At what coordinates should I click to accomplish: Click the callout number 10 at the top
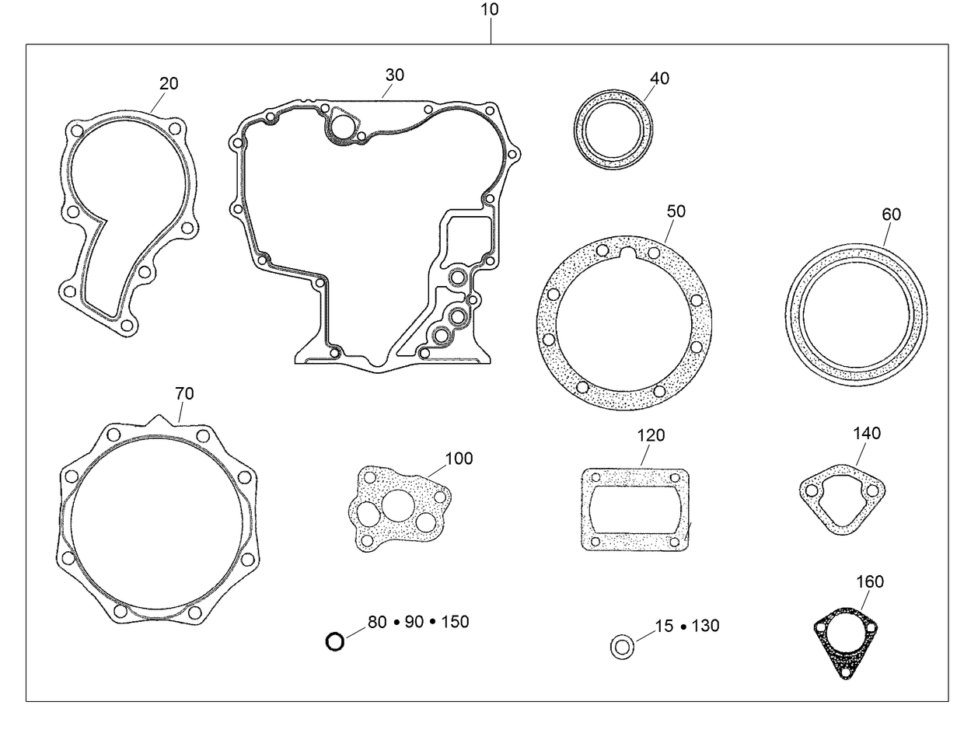tap(490, 9)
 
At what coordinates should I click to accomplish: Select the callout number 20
tap(169, 84)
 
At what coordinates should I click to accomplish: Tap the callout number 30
tap(395, 75)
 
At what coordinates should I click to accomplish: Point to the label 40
tap(659, 79)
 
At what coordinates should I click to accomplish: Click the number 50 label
tap(676, 211)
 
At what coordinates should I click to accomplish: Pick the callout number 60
tap(891, 215)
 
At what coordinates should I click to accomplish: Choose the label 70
tap(184, 394)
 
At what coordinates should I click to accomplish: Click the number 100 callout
tap(459, 459)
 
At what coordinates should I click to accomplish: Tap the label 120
tap(651, 435)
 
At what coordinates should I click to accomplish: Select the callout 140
tap(867, 433)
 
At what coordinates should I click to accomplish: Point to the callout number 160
tap(869, 581)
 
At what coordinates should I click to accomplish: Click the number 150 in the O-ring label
tap(455, 622)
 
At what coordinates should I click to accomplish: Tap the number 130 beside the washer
tap(705, 626)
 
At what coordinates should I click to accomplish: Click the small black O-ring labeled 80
tap(334, 642)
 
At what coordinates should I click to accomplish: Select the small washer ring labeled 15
tap(622, 647)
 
